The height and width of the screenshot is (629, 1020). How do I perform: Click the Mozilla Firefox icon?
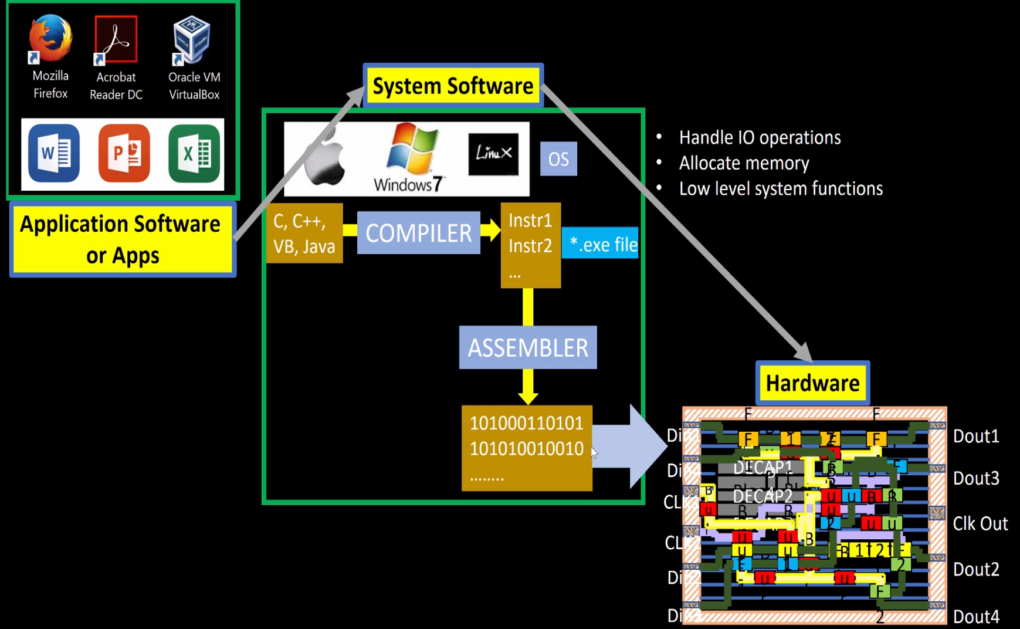click(x=50, y=39)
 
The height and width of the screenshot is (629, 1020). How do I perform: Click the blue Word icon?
click(x=54, y=153)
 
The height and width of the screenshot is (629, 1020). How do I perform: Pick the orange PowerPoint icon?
click(x=124, y=153)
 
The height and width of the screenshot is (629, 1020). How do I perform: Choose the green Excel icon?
click(x=194, y=153)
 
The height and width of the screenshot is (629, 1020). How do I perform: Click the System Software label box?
click(x=453, y=86)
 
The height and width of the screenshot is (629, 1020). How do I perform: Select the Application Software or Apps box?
click(x=122, y=239)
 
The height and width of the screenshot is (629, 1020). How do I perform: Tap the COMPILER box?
click(x=419, y=233)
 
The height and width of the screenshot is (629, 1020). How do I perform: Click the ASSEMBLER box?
click(x=528, y=347)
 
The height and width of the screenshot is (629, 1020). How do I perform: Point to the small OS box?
click(x=558, y=159)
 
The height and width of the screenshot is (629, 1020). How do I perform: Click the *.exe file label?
click(x=601, y=244)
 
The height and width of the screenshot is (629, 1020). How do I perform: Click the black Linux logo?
click(x=493, y=154)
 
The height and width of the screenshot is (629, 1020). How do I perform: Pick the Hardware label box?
click(x=812, y=383)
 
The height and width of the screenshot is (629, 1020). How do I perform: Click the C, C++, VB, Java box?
click(x=304, y=234)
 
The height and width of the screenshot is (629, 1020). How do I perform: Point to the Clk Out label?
click(x=980, y=523)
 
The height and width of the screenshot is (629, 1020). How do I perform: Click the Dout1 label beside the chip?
click(x=976, y=436)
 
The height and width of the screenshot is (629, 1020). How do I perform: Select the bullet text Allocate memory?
click(x=744, y=163)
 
